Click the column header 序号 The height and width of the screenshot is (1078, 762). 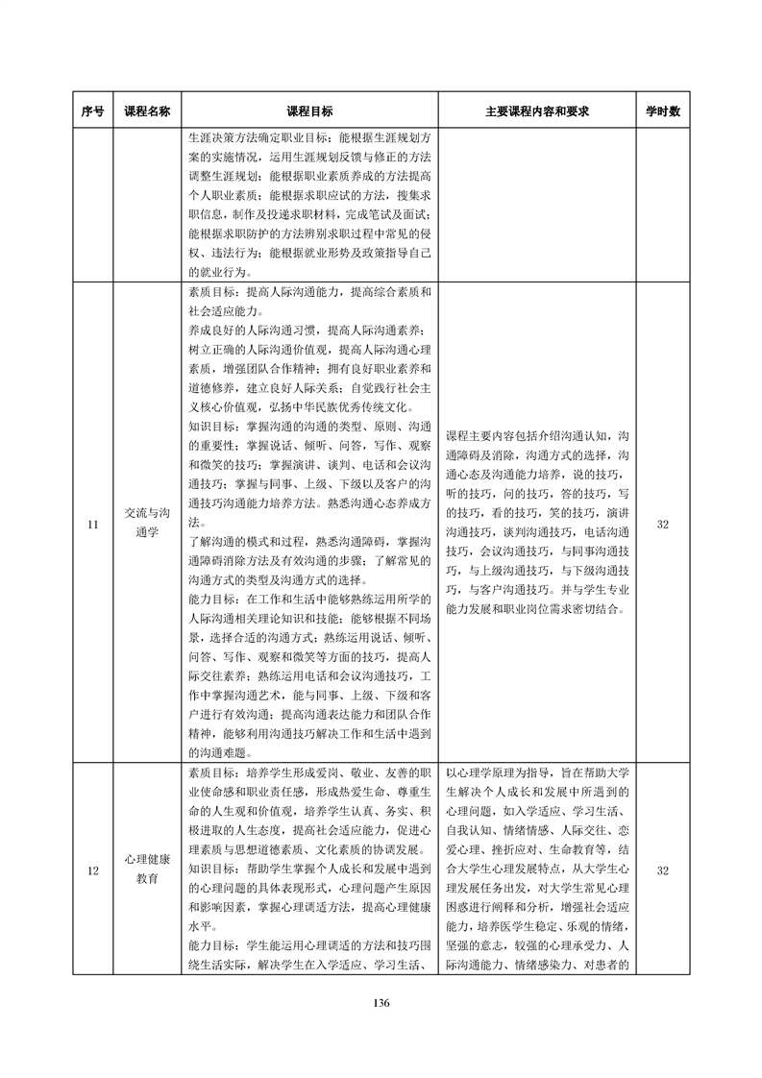pyautogui.click(x=92, y=111)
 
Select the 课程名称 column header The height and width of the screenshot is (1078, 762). pyautogui.click(x=147, y=111)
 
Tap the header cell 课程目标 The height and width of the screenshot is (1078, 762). pyautogui.click(x=309, y=111)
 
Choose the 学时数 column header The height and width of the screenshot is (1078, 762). pyautogui.click(x=662, y=111)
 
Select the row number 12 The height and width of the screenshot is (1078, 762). pyautogui.click(x=92, y=871)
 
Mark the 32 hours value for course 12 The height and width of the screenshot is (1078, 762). pyautogui.click(x=662, y=871)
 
